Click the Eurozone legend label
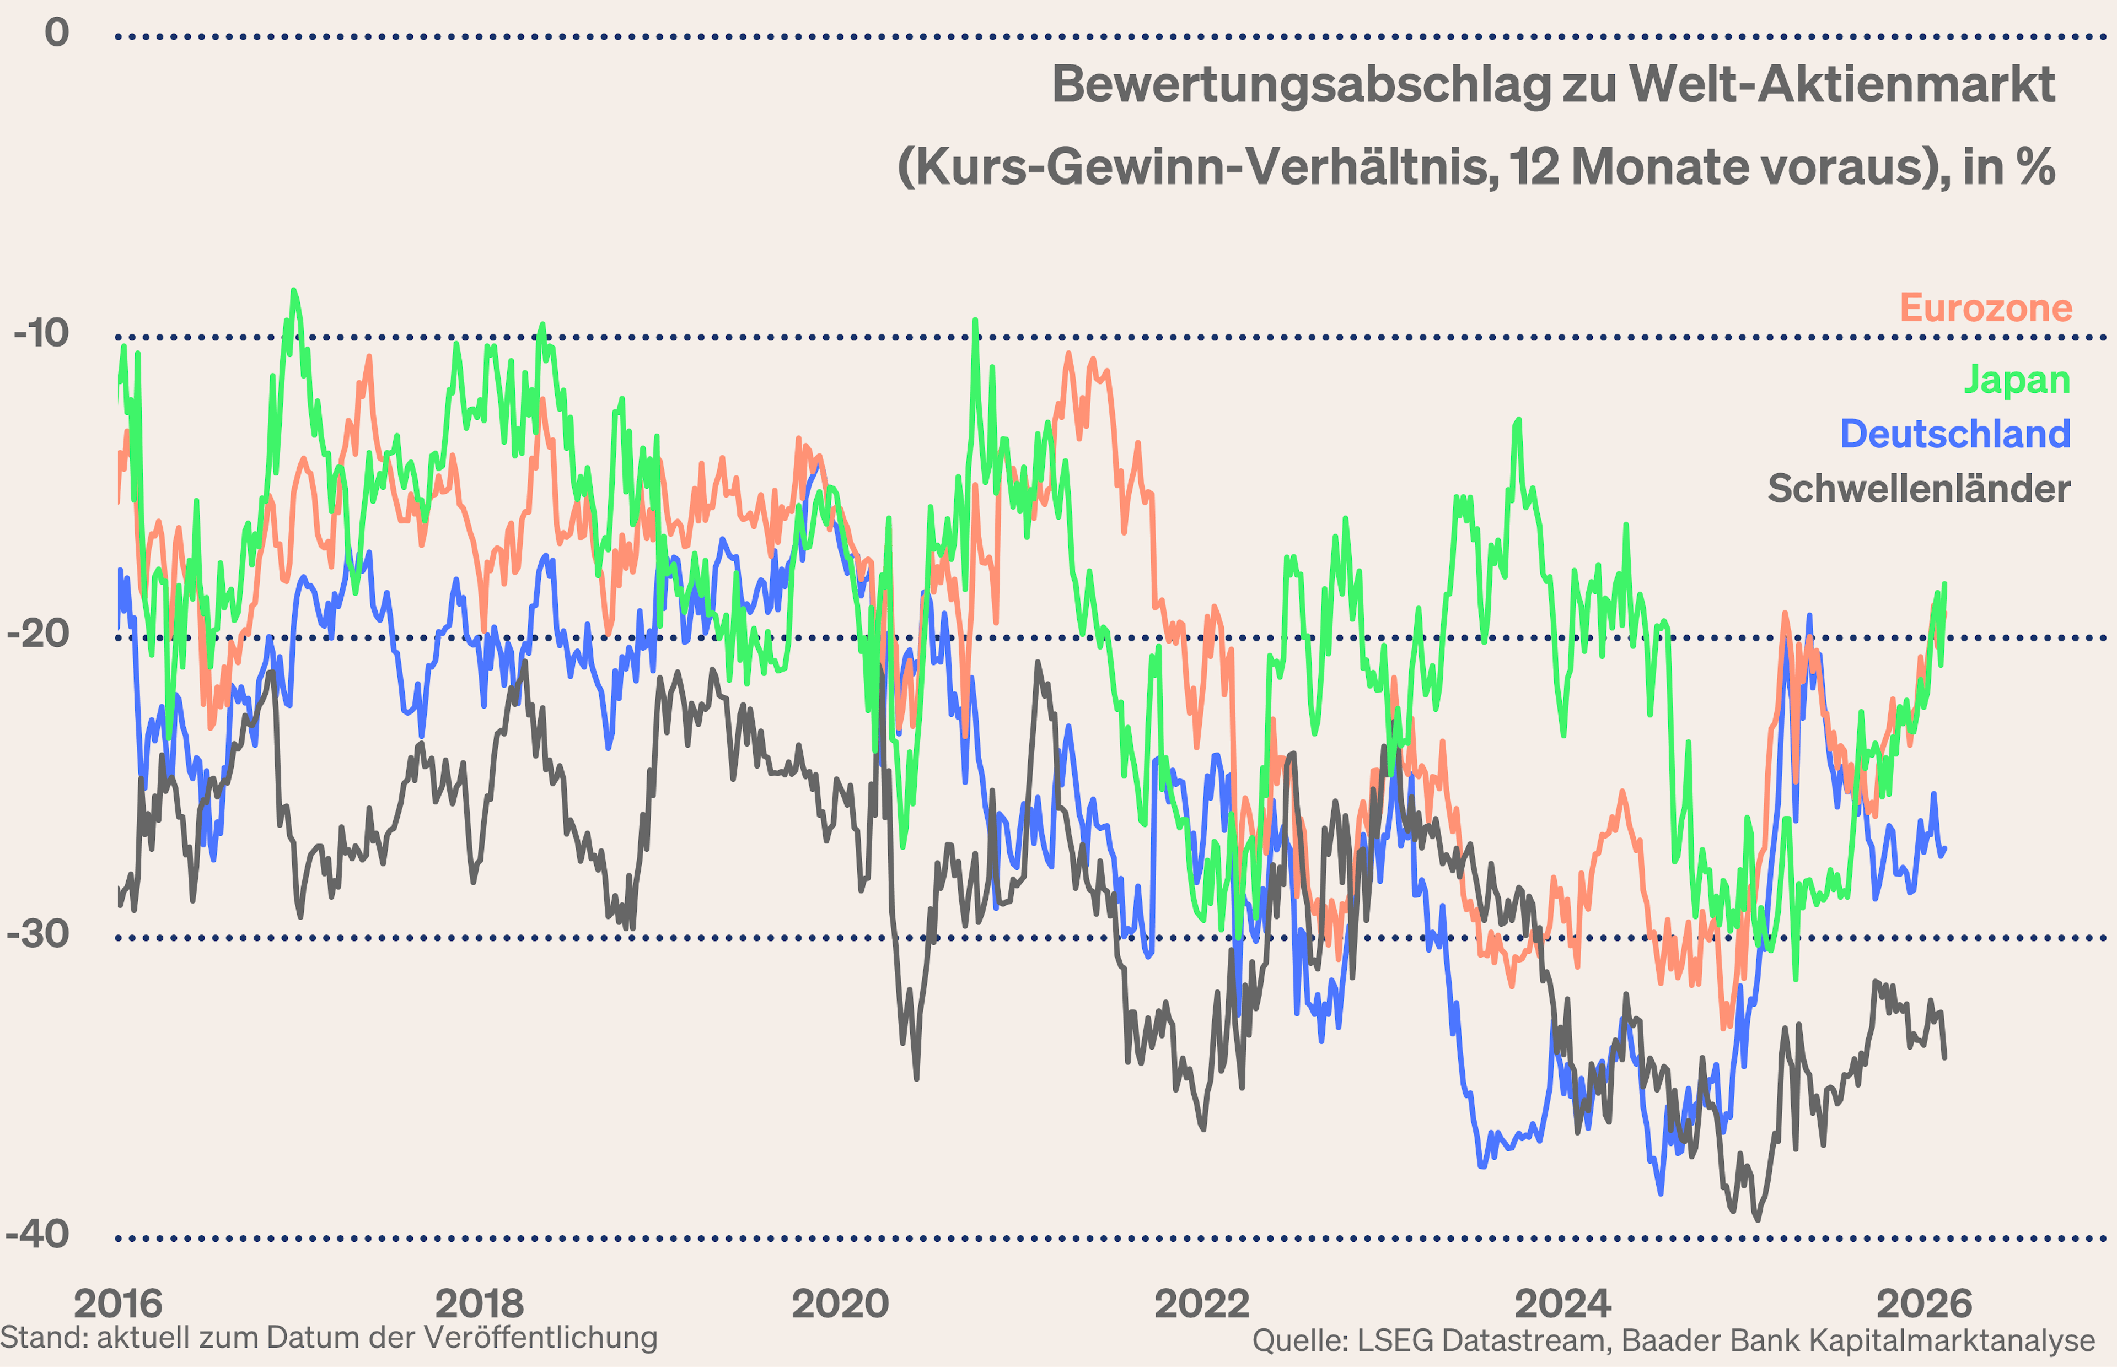[1985, 308]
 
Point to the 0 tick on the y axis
[57, 33]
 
